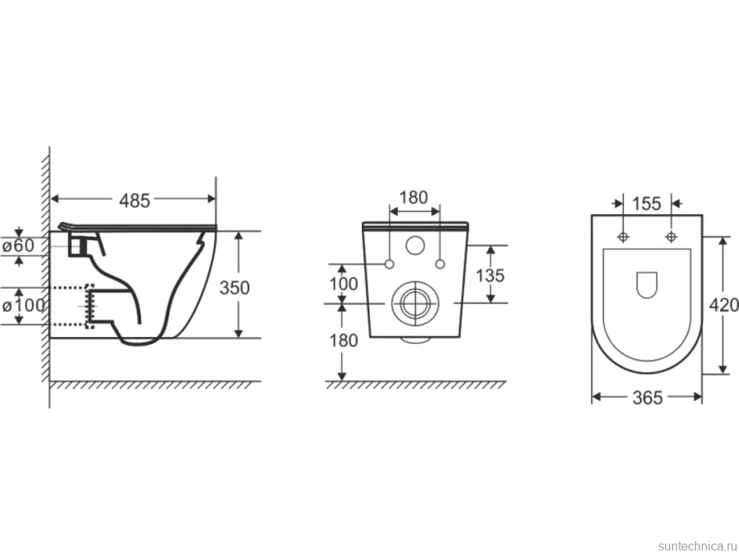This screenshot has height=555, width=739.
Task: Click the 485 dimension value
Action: click(134, 201)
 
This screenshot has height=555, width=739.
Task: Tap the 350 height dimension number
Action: click(234, 287)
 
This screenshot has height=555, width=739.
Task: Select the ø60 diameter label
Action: click(19, 245)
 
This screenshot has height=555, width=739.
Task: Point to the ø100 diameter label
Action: click(24, 306)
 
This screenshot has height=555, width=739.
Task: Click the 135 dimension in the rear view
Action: click(490, 275)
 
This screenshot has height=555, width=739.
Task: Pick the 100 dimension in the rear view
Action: click(343, 284)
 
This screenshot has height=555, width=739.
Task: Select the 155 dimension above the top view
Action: click(647, 204)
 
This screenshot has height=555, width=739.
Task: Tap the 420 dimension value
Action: click(724, 306)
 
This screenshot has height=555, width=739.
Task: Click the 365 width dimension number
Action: click(647, 398)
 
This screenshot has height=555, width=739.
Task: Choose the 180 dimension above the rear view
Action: click(414, 197)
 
